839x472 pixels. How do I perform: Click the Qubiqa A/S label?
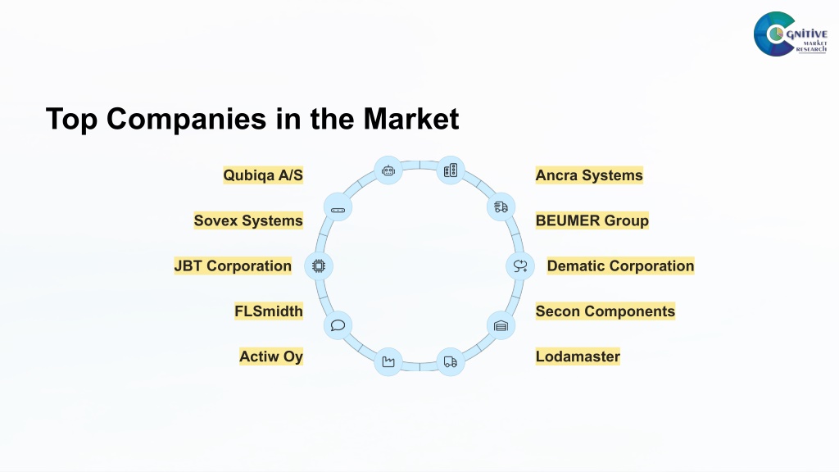point(263,175)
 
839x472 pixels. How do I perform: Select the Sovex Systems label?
point(248,220)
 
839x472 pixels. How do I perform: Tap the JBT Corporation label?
point(233,266)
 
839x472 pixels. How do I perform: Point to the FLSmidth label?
point(269,311)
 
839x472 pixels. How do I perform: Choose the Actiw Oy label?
point(270,356)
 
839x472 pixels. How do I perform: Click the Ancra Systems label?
point(589,175)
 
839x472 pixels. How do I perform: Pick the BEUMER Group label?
point(592,220)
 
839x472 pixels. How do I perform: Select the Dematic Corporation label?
point(620,266)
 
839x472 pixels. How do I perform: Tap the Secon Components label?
point(605,311)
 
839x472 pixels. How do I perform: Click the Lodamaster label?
point(578,356)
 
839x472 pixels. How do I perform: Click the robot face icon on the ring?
point(388,170)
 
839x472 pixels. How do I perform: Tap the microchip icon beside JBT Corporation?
point(319,266)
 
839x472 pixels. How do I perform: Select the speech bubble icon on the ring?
point(338,325)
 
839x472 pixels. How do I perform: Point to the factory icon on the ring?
point(388,362)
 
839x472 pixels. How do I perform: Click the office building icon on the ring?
point(451,170)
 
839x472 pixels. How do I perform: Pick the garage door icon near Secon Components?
point(501,326)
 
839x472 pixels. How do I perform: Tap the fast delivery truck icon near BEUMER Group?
point(501,207)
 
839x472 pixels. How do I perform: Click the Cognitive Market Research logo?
point(791,34)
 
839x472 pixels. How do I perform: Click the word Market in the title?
point(411,119)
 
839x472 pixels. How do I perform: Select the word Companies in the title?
point(186,120)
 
